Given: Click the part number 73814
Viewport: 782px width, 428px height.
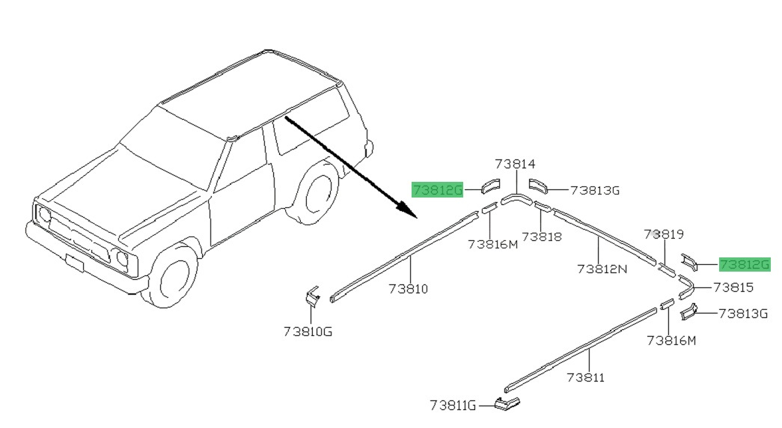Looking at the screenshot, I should click(x=515, y=164).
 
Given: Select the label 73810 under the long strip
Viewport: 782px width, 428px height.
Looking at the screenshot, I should click(x=409, y=288).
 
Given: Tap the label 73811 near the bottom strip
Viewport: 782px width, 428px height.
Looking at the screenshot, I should click(x=585, y=378).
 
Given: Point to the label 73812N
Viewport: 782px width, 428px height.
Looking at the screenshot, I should click(x=602, y=268).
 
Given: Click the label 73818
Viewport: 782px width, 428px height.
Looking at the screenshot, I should click(x=542, y=236).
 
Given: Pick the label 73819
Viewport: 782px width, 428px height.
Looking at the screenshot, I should click(x=665, y=234).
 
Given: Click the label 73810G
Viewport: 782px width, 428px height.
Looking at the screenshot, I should click(x=308, y=331).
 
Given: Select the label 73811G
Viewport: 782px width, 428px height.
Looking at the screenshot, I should click(x=453, y=406).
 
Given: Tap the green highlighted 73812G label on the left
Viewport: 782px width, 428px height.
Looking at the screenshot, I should click(x=438, y=190).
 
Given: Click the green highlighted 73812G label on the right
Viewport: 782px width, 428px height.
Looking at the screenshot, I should click(x=744, y=264).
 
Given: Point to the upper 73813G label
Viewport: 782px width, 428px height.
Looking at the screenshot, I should click(x=595, y=191).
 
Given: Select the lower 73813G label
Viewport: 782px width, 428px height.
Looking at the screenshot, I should click(x=743, y=314).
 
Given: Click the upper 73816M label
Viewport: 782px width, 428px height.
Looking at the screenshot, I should click(x=492, y=244).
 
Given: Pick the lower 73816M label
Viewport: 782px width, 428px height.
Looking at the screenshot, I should click(x=671, y=340).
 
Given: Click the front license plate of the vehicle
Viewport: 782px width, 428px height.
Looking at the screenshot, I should click(x=75, y=263).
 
